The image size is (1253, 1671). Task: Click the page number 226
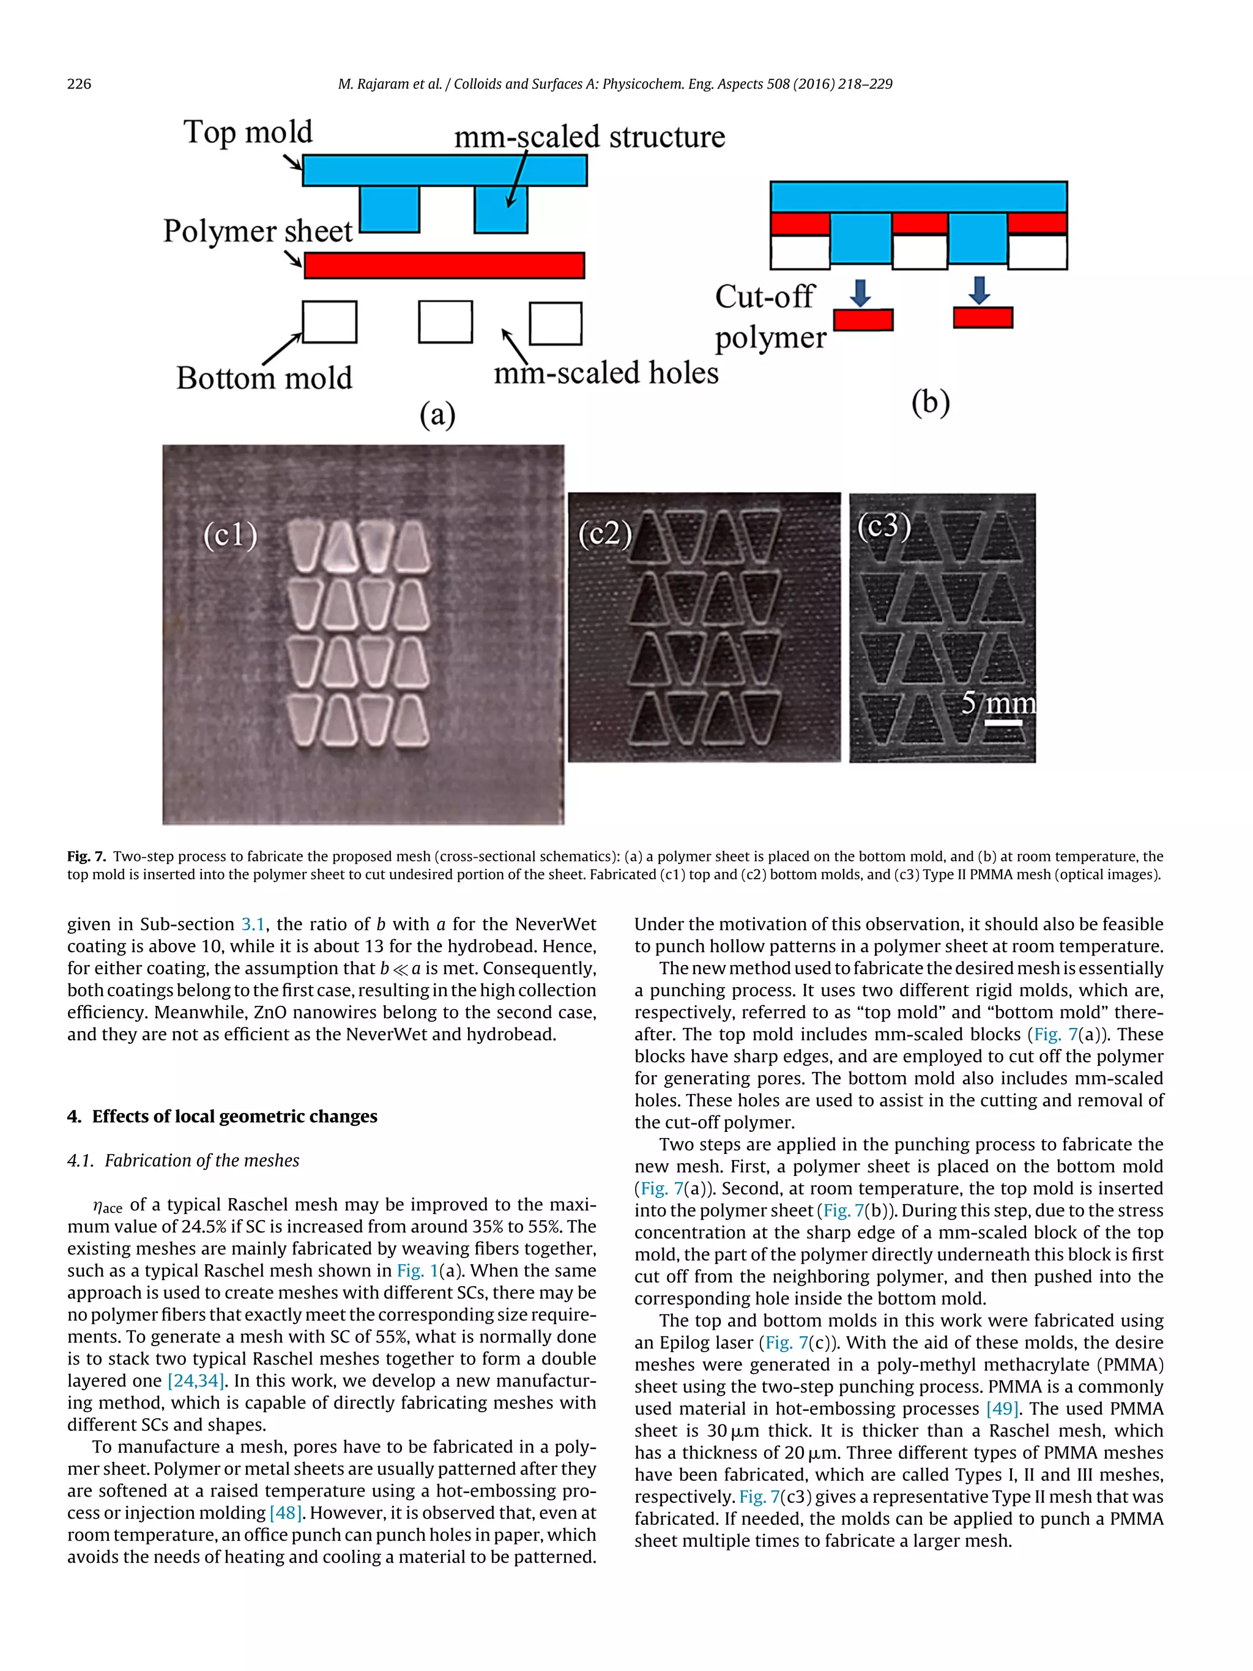80,84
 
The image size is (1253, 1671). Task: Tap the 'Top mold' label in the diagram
248,132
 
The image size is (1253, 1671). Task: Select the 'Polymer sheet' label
258,231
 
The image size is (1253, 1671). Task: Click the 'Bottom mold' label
264,378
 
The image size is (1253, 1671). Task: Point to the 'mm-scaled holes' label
606,373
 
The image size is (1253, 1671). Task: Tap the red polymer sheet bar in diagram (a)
444,265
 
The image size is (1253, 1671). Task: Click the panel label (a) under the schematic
437,414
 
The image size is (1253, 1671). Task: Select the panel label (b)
930,403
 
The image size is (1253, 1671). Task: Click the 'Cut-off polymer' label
770,318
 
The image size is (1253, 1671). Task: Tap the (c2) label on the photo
605,534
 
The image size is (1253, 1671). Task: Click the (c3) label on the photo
883,525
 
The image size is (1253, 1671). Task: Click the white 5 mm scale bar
1003,723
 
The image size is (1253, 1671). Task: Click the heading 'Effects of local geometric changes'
234,1117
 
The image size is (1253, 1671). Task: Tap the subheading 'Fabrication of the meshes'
202,1160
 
